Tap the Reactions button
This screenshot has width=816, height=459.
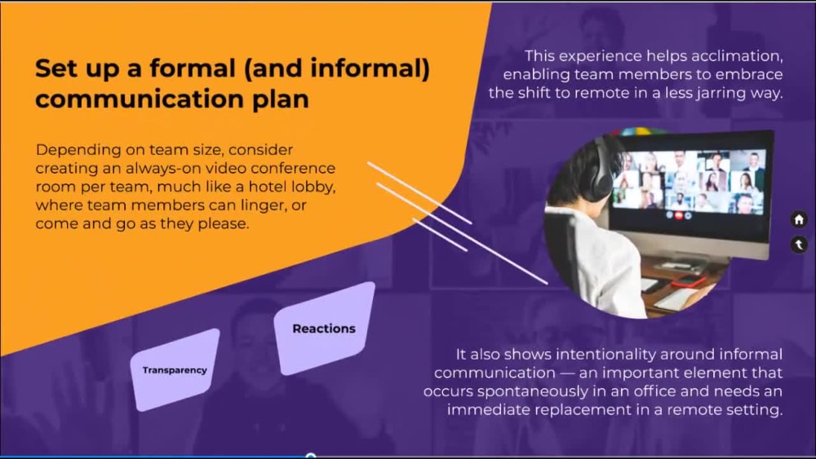pyautogui.click(x=324, y=329)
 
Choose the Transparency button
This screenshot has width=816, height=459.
pyautogui.click(x=175, y=370)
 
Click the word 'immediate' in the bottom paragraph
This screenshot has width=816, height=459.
pyautogui.click(x=494, y=409)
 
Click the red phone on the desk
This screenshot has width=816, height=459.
pyautogui.click(x=690, y=280)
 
